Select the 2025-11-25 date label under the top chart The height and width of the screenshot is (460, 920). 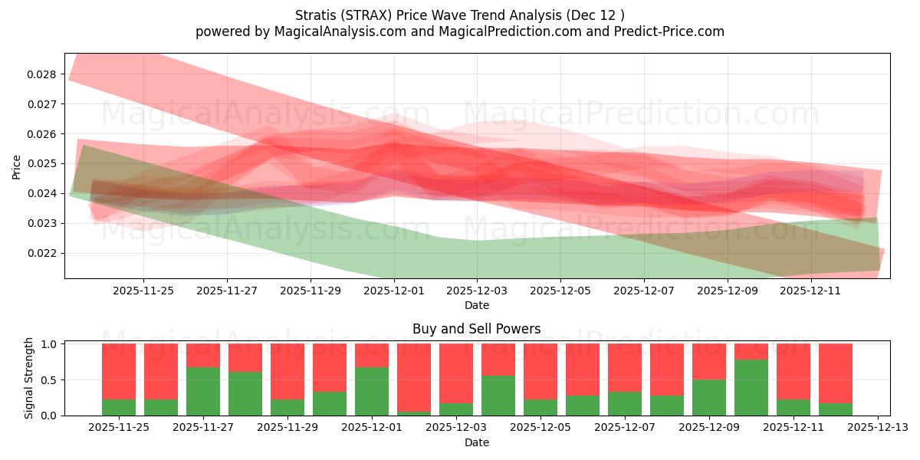(x=143, y=291)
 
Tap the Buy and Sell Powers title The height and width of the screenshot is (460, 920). (x=476, y=329)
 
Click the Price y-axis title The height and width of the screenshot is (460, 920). (x=17, y=166)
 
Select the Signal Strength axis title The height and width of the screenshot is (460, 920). (x=29, y=378)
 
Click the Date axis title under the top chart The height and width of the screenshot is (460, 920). (x=476, y=305)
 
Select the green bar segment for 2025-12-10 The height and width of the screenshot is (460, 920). (x=751, y=388)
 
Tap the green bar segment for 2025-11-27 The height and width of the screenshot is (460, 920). (x=203, y=392)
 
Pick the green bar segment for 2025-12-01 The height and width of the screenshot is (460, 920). (x=372, y=392)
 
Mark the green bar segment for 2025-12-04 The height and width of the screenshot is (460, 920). (x=498, y=396)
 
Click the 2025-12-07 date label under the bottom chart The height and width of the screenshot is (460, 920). (x=625, y=428)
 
